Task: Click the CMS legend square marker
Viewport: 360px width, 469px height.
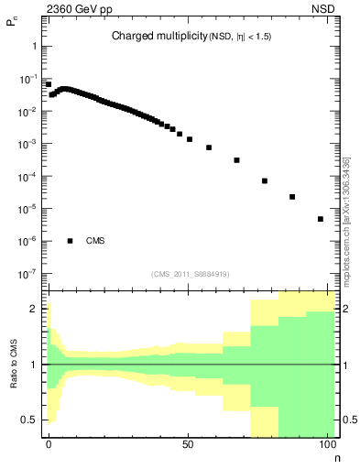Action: pos(71,241)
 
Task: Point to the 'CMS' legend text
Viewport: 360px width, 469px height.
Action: pos(94,241)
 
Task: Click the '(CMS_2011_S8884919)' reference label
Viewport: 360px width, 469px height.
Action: pos(191,274)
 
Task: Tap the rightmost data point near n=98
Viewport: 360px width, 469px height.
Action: pos(321,219)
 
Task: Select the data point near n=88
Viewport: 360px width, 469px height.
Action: pos(292,197)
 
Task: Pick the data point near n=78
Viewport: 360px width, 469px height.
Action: pos(265,180)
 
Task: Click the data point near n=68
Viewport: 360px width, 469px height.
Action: pos(236,160)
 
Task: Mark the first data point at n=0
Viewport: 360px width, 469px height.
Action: pos(49,84)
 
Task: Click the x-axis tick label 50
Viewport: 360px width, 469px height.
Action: pos(188,443)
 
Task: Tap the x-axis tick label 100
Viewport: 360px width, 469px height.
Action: pos(327,443)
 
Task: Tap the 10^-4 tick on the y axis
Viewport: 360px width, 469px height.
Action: pos(29,177)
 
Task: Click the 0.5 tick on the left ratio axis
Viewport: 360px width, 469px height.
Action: pos(32,420)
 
